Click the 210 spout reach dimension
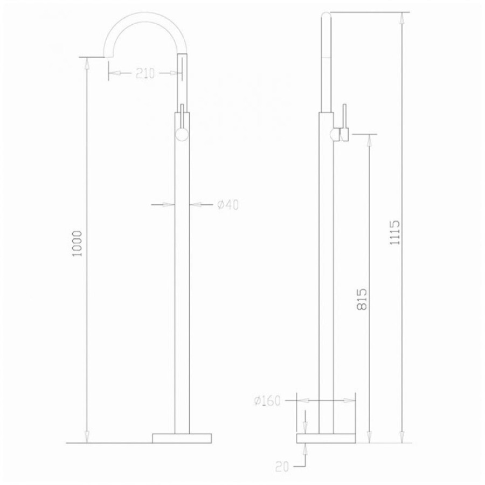[x=145, y=74]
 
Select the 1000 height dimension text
[x=77, y=244]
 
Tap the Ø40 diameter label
[x=228, y=204]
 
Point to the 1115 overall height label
[x=394, y=232]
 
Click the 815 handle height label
[x=361, y=299]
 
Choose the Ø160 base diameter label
[x=267, y=401]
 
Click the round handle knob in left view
[x=182, y=135]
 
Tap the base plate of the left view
[x=182, y=438]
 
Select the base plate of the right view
[x=326, y=438]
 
